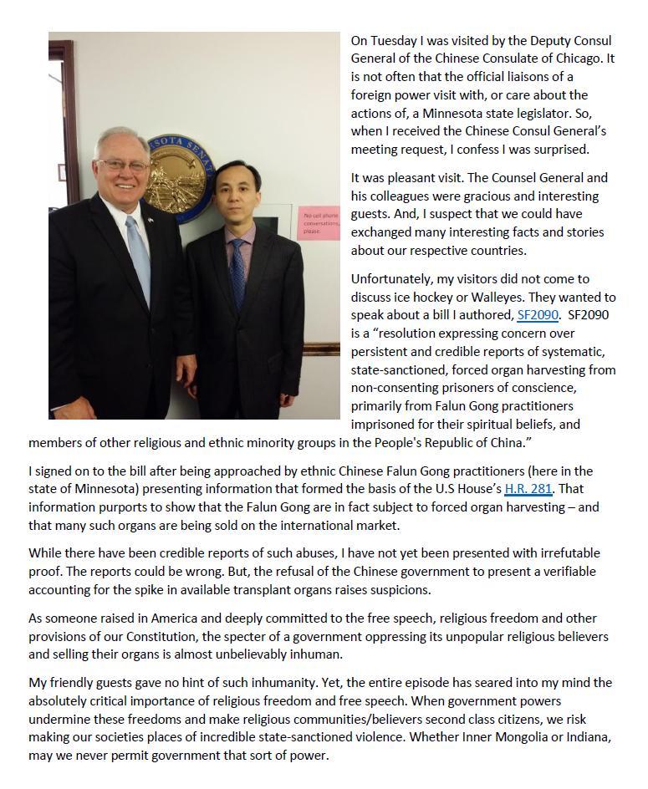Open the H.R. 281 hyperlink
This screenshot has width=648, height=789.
[x=528, y=489]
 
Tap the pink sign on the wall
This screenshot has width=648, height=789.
[x=319, y=223]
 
